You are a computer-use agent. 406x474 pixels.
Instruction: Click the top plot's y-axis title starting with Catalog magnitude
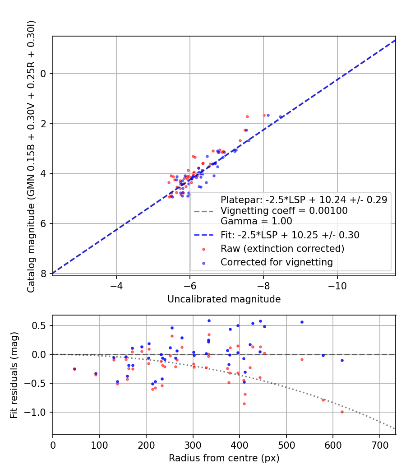point(31,156)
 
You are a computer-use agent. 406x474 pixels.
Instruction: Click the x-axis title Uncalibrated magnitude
point(224,299)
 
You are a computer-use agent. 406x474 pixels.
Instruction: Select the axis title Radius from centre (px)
point(224,458)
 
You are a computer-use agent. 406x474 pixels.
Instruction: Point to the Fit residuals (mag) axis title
point(14,375)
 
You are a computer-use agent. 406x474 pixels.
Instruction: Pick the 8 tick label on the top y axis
point(43,274)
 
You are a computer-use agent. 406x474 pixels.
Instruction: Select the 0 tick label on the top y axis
point(43,74)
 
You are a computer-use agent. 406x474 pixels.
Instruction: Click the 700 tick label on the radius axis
point(379,445)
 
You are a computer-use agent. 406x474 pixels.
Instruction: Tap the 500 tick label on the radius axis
point(286,445)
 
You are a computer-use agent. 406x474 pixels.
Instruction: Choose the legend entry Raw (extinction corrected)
point(282,249)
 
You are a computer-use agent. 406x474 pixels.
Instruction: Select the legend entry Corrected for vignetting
point(277,262)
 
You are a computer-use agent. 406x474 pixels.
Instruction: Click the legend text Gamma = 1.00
point(256,221)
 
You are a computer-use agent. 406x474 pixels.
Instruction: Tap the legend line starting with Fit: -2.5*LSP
point(290,235)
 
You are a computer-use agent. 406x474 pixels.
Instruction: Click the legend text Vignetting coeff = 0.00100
point(284,211)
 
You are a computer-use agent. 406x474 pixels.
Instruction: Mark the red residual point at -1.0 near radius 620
point(342,412)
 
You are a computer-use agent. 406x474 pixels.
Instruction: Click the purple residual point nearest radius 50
point(74,369)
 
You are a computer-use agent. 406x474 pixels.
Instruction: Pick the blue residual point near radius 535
point(302,322)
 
